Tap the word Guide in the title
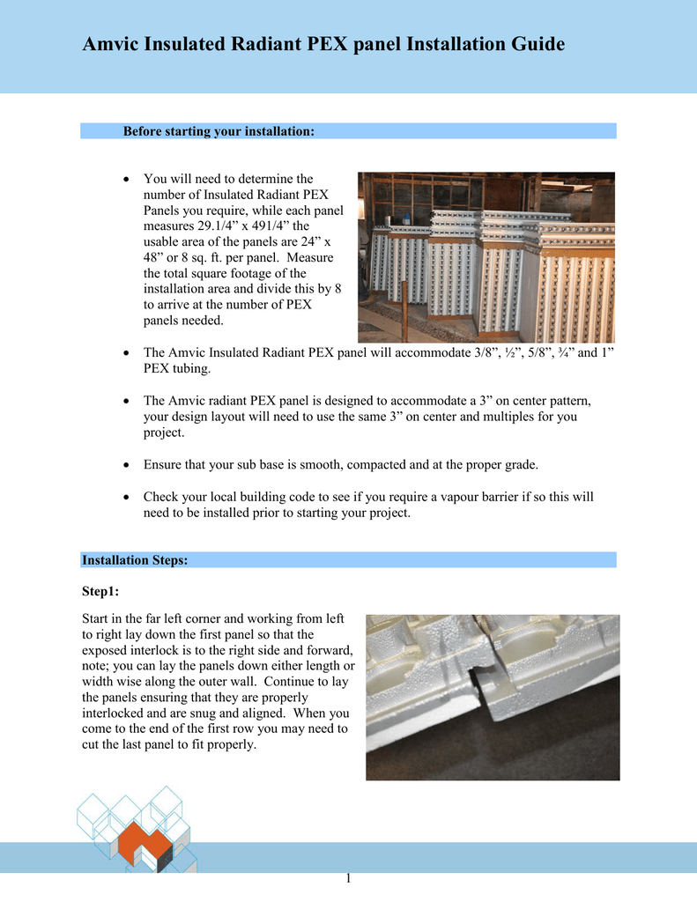[533, 44]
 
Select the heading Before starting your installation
[219, 131]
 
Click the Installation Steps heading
[134, 560]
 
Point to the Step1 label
[100, 592]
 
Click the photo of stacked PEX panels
[486, 257]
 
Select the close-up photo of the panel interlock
[493, 697]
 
